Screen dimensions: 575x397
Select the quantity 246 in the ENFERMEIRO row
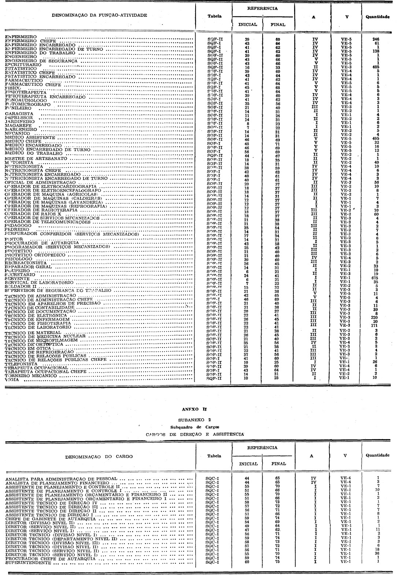(x=375, y=39)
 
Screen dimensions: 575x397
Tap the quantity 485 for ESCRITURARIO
(x=375, y=67)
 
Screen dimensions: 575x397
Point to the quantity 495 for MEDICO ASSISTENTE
(x=375, y=138)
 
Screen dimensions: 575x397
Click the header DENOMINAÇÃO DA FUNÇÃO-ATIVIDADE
(x=99, y=15)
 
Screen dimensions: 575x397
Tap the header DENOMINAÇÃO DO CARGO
(x=99, y=456)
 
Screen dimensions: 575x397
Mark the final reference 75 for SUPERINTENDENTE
(x=277, y=562)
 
